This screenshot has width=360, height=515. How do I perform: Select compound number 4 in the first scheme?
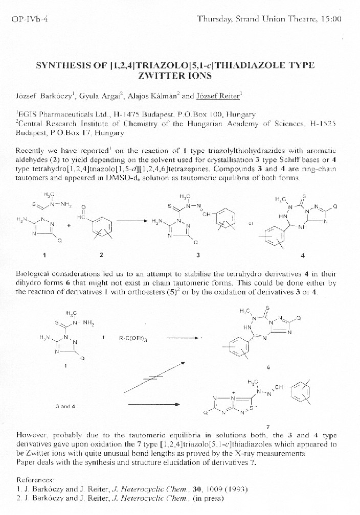(303, 254)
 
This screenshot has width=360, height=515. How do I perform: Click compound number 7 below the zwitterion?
(268, 427)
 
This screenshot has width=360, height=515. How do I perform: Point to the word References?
(35, 480)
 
